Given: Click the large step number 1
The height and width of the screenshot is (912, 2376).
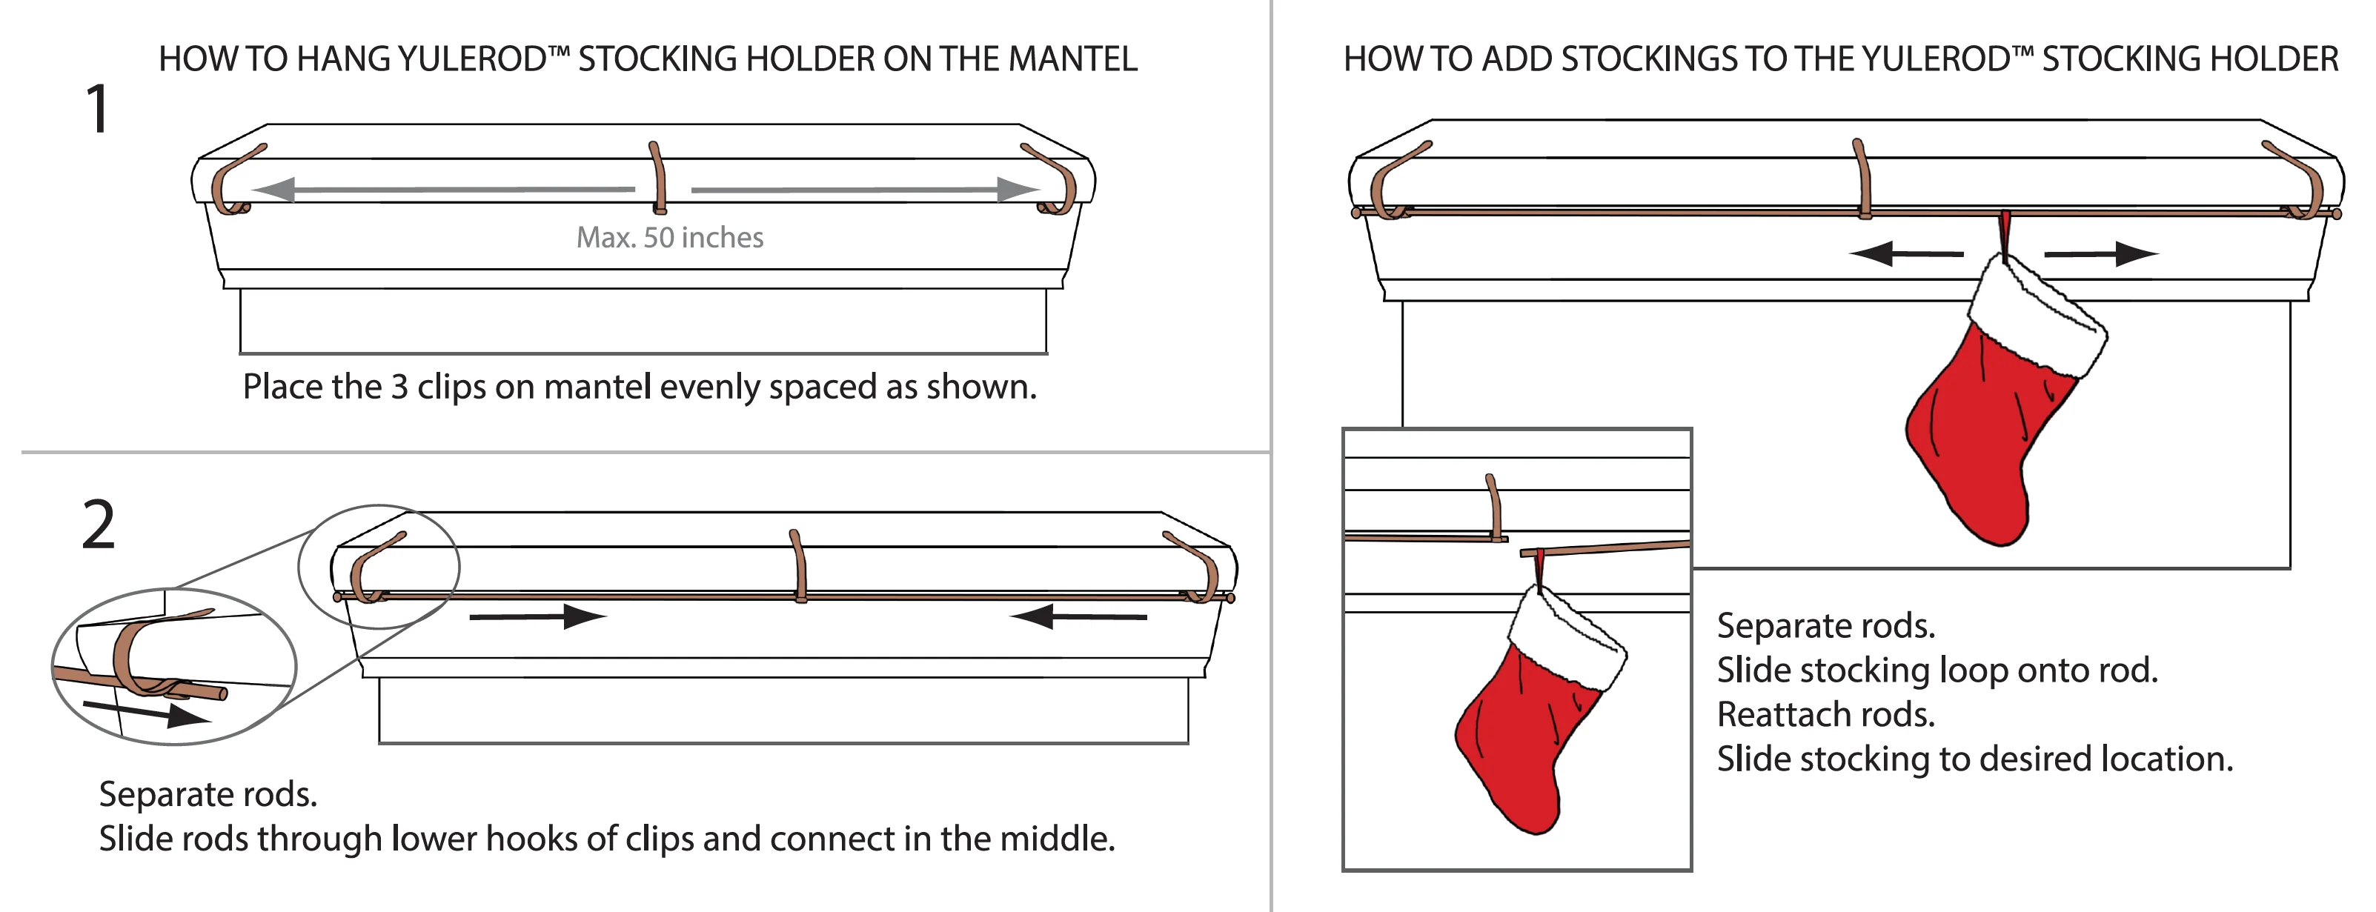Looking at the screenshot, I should click(x=98, y=110).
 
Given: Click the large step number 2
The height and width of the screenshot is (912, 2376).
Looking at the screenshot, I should click(x=99, y=525).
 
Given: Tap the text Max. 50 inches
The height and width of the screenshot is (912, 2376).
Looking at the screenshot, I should click(x=670, y=238).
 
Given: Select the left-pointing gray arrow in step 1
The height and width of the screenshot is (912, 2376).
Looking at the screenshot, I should click(x=442, y=190).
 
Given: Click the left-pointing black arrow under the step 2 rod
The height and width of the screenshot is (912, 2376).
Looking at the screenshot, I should click(x=1078, y=616).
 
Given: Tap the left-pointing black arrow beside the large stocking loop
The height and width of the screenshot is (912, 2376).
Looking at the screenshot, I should click(x=1905, y=253).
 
